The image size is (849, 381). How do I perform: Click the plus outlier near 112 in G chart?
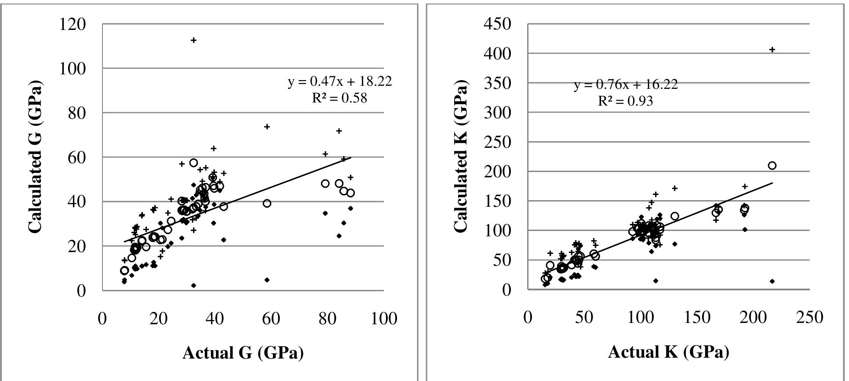pos(193,40)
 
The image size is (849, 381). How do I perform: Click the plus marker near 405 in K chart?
pos(772,50)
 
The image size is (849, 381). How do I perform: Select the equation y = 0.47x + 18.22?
pos(339,81)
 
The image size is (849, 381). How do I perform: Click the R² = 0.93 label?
pos(625,101)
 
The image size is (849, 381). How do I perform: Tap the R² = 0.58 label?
pos(339,98)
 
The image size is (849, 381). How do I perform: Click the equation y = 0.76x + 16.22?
pos(626,84)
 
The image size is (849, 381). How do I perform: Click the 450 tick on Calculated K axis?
pos(498,24)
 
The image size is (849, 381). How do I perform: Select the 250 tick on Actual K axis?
pos(809,318)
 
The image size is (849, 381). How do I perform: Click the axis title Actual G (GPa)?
pos(243,353)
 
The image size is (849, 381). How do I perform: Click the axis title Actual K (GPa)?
pos(668,352)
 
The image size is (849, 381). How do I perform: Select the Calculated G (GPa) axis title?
pos(35,157)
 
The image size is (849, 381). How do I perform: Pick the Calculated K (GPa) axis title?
pos(461,157)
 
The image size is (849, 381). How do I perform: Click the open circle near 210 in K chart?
pos(772,165)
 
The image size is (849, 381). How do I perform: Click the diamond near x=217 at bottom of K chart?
pos(772,281)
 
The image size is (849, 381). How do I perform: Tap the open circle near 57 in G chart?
pos(193,163)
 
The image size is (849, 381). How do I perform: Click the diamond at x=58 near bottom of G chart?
pos(267,280)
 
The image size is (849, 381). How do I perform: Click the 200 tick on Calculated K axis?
pos(498,172)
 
